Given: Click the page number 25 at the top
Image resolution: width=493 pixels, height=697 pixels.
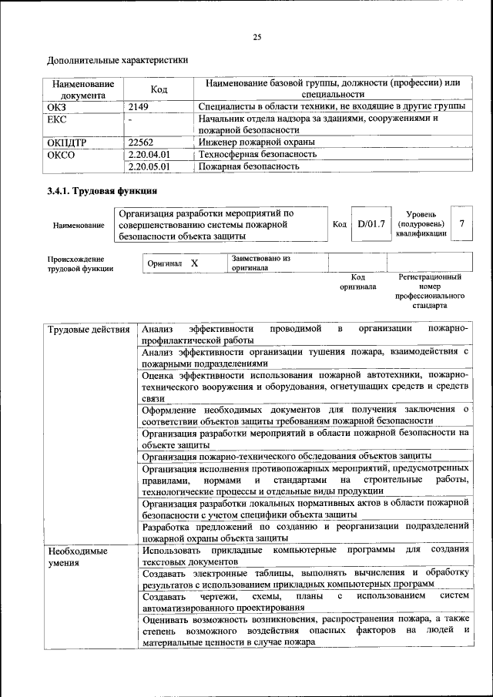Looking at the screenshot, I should (257, 36).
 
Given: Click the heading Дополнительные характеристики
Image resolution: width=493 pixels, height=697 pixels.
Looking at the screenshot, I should (117, 59).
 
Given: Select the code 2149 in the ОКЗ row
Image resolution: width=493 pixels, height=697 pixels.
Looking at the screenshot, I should (139, 107).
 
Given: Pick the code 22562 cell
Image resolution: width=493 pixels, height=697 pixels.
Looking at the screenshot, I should (142, 142).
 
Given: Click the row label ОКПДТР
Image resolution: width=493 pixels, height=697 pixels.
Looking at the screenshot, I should (67, 142).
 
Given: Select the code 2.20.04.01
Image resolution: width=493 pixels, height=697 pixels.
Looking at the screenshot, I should (149, 154).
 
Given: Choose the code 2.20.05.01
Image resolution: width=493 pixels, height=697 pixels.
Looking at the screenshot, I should (149, 166).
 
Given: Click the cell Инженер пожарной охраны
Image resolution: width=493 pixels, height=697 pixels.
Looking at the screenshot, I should (257, 142).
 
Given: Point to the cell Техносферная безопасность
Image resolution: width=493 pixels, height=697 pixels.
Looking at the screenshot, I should (257, 154).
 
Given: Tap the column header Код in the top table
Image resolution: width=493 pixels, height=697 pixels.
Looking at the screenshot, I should (159, 89).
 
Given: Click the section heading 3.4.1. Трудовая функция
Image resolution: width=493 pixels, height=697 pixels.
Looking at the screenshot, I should (102, 191).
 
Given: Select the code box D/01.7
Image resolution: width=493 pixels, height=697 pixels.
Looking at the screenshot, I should (371, 224).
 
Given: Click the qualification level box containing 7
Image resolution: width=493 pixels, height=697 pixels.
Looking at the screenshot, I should (461, 223).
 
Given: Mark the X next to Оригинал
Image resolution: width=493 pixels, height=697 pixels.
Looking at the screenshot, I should (195, 263).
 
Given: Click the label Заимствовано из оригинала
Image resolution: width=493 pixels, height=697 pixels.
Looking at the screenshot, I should (260, 263).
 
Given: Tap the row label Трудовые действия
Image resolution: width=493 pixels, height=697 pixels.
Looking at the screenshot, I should (89, 330).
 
